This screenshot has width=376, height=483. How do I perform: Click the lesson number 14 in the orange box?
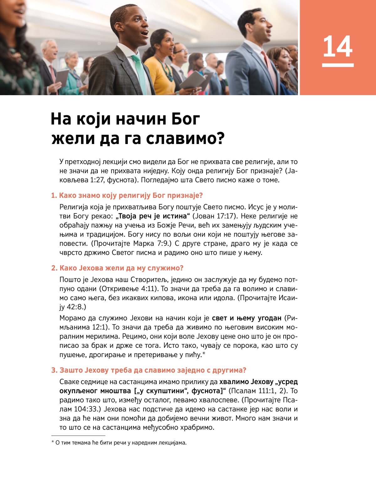click(337, 47)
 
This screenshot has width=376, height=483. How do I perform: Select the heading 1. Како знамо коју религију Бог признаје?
click(127, 196)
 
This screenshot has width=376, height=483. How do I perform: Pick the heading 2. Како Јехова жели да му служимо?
click(117, 268)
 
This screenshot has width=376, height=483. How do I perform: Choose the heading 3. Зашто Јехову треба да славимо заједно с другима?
click(149, 370)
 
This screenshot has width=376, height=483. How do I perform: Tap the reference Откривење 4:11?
click(131, 289)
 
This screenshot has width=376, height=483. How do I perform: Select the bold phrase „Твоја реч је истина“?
click(153, 216)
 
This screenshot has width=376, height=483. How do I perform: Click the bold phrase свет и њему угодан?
click(247, 318)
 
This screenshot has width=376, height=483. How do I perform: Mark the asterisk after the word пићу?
click(204, 353)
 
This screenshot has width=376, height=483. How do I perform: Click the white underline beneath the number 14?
click(337, 65)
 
